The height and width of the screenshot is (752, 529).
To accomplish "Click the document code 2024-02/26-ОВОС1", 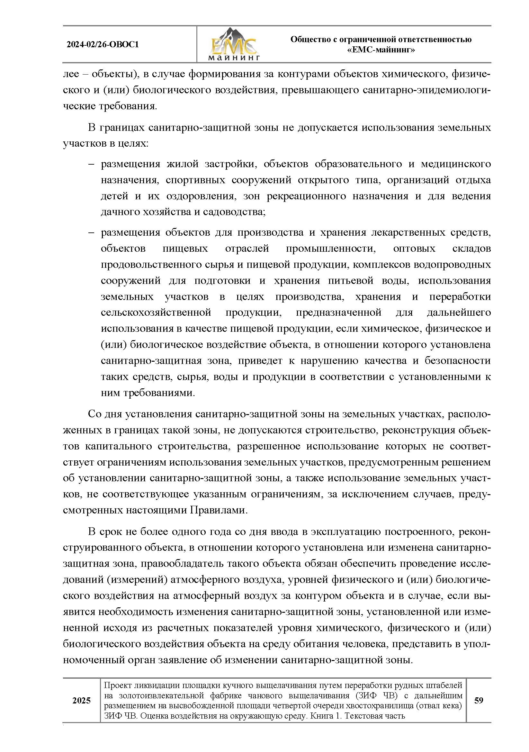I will [x=103, y=45].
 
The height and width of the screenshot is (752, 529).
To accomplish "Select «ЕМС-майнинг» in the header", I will [x=381, y=50].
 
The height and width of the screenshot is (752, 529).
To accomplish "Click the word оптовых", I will [x=414, y=248].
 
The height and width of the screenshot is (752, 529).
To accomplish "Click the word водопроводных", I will [x=453, y=264].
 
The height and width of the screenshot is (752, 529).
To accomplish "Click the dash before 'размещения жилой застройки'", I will [x=91, y=164].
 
